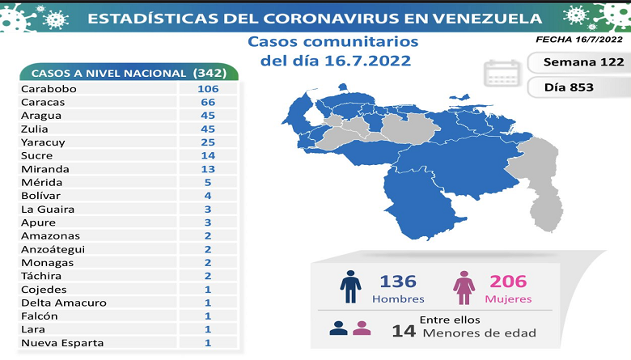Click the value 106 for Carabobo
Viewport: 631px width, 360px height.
pyautogui.click(x=207, y=88)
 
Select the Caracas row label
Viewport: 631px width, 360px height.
pyautogui.click(x=45, y=102)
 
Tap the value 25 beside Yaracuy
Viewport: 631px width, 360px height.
pyautogui.click(x=207, y=142)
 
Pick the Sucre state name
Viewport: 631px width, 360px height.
pyautogui.click(x=39, y=155)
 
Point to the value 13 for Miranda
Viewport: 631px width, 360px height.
pyautogui.click(x=207, y=169)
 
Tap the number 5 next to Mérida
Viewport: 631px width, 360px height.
pyautogui.click(x=207, y=182)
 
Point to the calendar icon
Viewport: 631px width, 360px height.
pyautogui.click(x=501, y=74)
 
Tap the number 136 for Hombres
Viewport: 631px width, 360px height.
pyautogui.click(x=399, y=282)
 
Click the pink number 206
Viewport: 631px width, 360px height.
pyautogui.click(x=508, y=282)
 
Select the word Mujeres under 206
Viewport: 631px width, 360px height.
pyautogui.click(x=509, y=299)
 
